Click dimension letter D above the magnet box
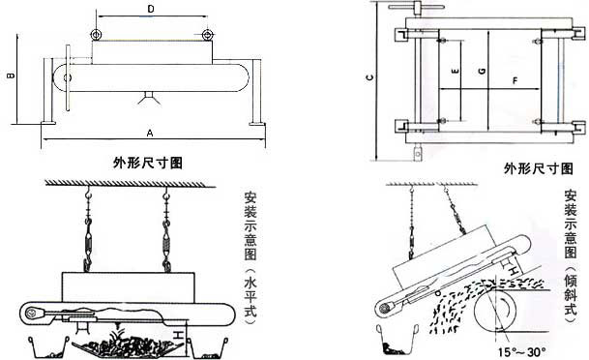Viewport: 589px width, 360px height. click(151, 10)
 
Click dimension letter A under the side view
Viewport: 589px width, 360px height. click(150, 133)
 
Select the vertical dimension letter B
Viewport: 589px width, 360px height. click(12, 75)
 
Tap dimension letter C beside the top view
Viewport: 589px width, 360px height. click(370, 77)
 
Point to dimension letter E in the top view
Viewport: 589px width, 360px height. click(456, 71)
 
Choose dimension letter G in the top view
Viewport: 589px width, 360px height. click(483, 71)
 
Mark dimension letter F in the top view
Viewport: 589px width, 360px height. click(515, 80)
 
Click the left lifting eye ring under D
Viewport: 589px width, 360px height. click(96, 35)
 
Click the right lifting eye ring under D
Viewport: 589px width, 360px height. click(207, 35)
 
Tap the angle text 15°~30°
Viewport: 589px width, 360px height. click(521, 352)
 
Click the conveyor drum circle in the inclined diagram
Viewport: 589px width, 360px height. click(495, 310)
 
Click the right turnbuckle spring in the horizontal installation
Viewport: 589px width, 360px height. click(166, 240)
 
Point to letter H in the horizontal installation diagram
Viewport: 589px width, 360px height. click(178, 333)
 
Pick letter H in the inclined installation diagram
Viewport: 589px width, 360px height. click(515, 271)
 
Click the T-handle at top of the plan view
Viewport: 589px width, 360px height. click(416, 7)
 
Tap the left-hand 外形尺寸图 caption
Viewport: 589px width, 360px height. click(148, 164)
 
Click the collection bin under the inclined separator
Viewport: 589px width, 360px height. click(398, 340)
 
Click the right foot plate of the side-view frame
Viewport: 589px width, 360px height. click(256, 122)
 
